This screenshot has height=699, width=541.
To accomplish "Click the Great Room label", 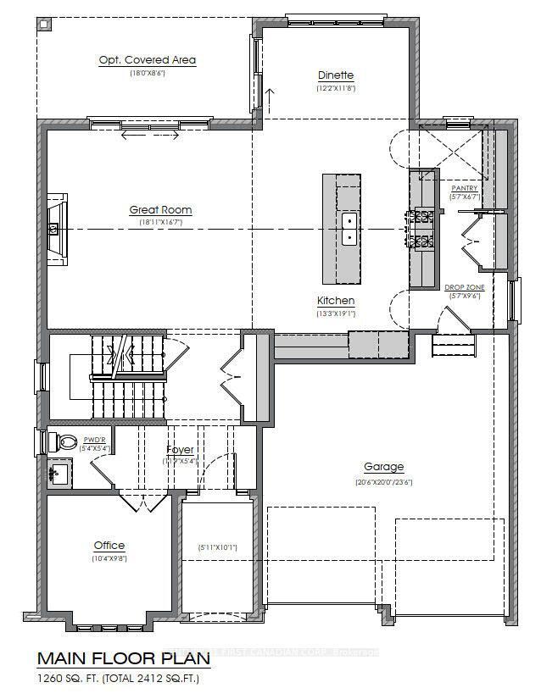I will (x=160, y=209).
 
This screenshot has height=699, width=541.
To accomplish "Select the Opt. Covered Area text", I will (x=148, y=60).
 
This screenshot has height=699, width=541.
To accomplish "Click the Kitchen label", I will (x=336, y=301).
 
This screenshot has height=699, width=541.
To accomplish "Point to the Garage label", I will (x=384, y=467).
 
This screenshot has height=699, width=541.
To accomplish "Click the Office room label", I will (x=109, y=546).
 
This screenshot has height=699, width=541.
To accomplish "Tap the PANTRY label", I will (x=464, y=187).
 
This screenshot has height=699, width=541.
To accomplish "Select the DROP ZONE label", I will (x=465, y=287).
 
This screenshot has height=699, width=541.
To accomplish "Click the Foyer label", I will (x=180, y=449).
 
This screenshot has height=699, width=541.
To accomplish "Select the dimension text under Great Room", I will (x=160, y=222).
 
